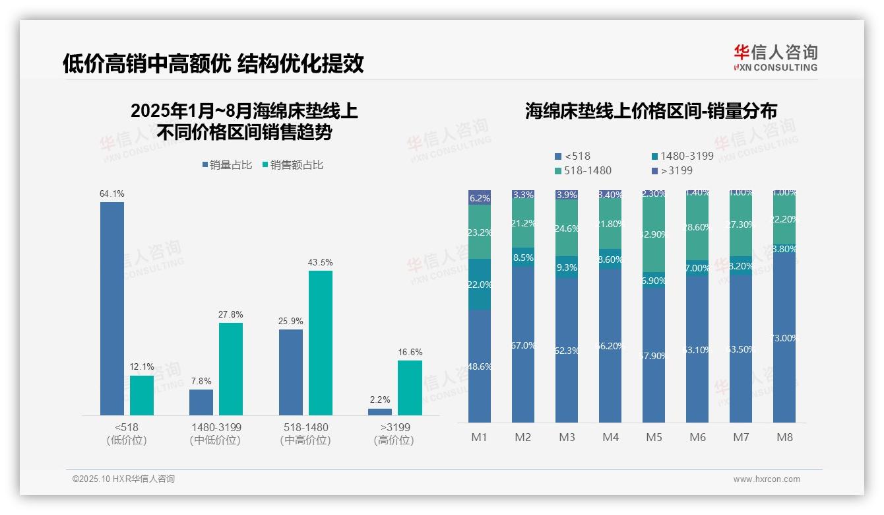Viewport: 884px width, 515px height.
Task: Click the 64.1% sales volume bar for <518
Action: pyautogui.click(x=112, y=308)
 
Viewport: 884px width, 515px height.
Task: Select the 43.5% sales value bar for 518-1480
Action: pyautogui.click(x=321, y=343)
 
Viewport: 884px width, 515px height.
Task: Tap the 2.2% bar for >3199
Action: pyautogui.click(x=380, y=412)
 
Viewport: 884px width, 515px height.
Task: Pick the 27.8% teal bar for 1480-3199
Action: pyautogui.click(x=231, y=368)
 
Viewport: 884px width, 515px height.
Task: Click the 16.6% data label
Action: pyautogui.click(x=410, y=352)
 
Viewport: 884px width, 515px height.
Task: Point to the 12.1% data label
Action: pyautogui.click(x=142, y=366)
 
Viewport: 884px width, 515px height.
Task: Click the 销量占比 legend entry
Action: pyautogui.click(x=228, y=165)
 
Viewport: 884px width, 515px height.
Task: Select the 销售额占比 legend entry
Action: pyautogui.click(x=293, y=165)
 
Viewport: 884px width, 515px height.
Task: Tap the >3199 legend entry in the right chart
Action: pyautogui.click(x=672, y=170)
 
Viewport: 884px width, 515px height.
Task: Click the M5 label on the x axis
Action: pyautogui.click(x=654, y=437)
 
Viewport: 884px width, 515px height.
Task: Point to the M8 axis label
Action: pyautogui.click(x=784, y=437)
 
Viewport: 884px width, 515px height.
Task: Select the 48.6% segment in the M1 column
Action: pyautogui.click(x=480, y=366)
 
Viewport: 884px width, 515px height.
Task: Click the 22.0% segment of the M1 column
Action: pyautogui.click(x=480, y=285)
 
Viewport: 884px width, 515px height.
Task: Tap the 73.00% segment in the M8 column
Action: pyautogui.click(x=784, y=338)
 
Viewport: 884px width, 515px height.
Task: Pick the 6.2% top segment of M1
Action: pyautogui.click(x=480, y=197)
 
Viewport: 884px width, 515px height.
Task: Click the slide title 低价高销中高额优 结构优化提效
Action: pyautogui.click(x=213, y=63)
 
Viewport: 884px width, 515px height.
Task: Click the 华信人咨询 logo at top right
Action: pyautogui.click(x=775, y=57)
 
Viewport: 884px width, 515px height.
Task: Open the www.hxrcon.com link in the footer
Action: pyautogui.click(x=767, y=479)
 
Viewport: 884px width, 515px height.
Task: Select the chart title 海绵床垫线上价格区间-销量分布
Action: pyautogui.click(x=650, y=111)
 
